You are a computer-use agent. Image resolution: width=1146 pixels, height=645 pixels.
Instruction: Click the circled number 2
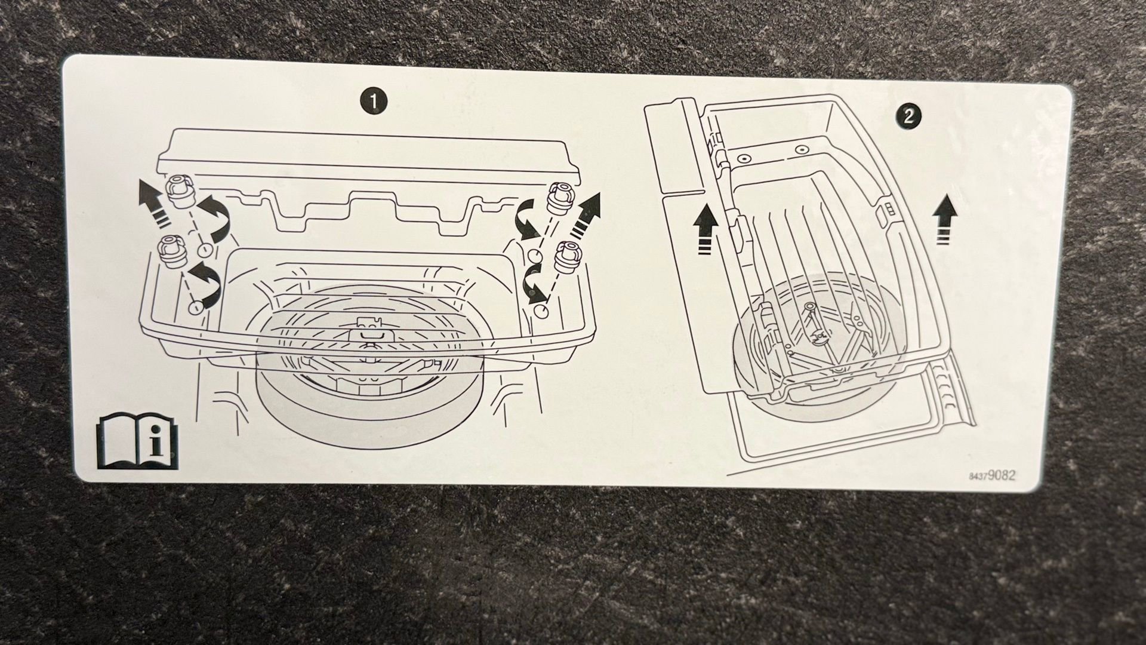908,116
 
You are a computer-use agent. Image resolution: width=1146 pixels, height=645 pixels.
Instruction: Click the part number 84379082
992,476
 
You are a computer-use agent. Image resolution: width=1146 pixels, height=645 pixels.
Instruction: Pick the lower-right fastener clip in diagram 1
569,255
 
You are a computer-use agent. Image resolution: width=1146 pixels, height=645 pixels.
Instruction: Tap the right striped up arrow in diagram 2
944,222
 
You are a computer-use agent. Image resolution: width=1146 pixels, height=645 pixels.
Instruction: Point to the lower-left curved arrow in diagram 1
205,282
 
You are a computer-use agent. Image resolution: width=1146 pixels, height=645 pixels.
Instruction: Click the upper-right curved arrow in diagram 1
528,220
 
